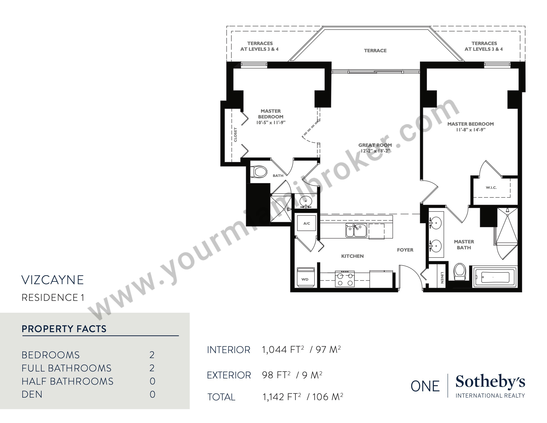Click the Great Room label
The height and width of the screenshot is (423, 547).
click(x=375, y=145)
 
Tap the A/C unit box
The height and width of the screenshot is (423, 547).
click(x=307, y=223)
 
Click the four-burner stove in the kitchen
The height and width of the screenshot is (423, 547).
click(x=345, y=279)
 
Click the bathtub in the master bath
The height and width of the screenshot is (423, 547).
click(x=495, y=277)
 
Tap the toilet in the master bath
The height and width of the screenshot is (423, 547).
click(x=459, y=271)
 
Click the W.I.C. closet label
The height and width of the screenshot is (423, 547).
click(x=491, y=187)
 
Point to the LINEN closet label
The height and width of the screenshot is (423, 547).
click(x=442, y=278)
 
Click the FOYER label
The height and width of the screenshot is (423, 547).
click(x=405, y=250)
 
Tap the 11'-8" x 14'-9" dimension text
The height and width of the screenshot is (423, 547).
click(x=471, y=130)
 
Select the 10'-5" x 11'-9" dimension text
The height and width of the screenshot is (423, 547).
click(x=271, y=122)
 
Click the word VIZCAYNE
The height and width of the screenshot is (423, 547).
click(x=53, y=280)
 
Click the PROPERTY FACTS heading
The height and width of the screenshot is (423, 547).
click(x=64, y=329)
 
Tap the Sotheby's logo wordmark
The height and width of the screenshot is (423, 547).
click(x=490, y=382)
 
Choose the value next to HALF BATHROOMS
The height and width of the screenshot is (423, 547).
click(x=152, y=381)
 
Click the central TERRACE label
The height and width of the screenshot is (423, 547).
click(x=375, y=51)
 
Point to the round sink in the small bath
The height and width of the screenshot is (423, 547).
click(x=306, y=201)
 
